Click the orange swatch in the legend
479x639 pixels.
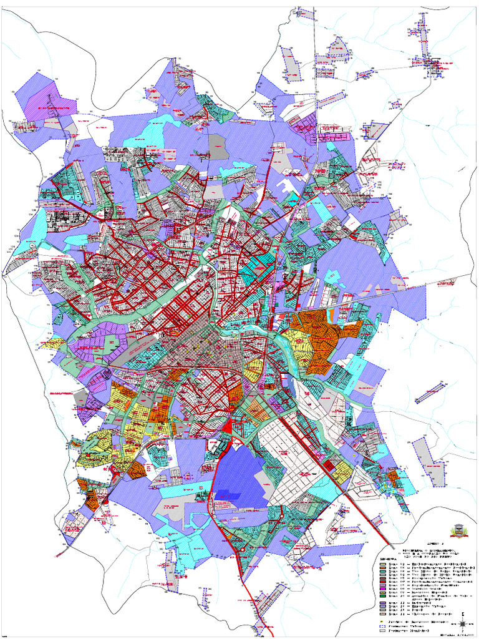[x=383, y=568]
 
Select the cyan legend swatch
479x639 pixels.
[x=383, y=572]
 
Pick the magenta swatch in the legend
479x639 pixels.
[x=383, y=588]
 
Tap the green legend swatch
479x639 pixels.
[x=383, y=596]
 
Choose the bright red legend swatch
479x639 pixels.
[x=383, y=582]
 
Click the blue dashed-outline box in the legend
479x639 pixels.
[x=383, y=627]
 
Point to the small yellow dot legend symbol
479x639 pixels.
[x=382, y=622]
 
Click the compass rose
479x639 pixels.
[x=463, y=623]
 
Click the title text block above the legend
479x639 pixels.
[x=427, y=553]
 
